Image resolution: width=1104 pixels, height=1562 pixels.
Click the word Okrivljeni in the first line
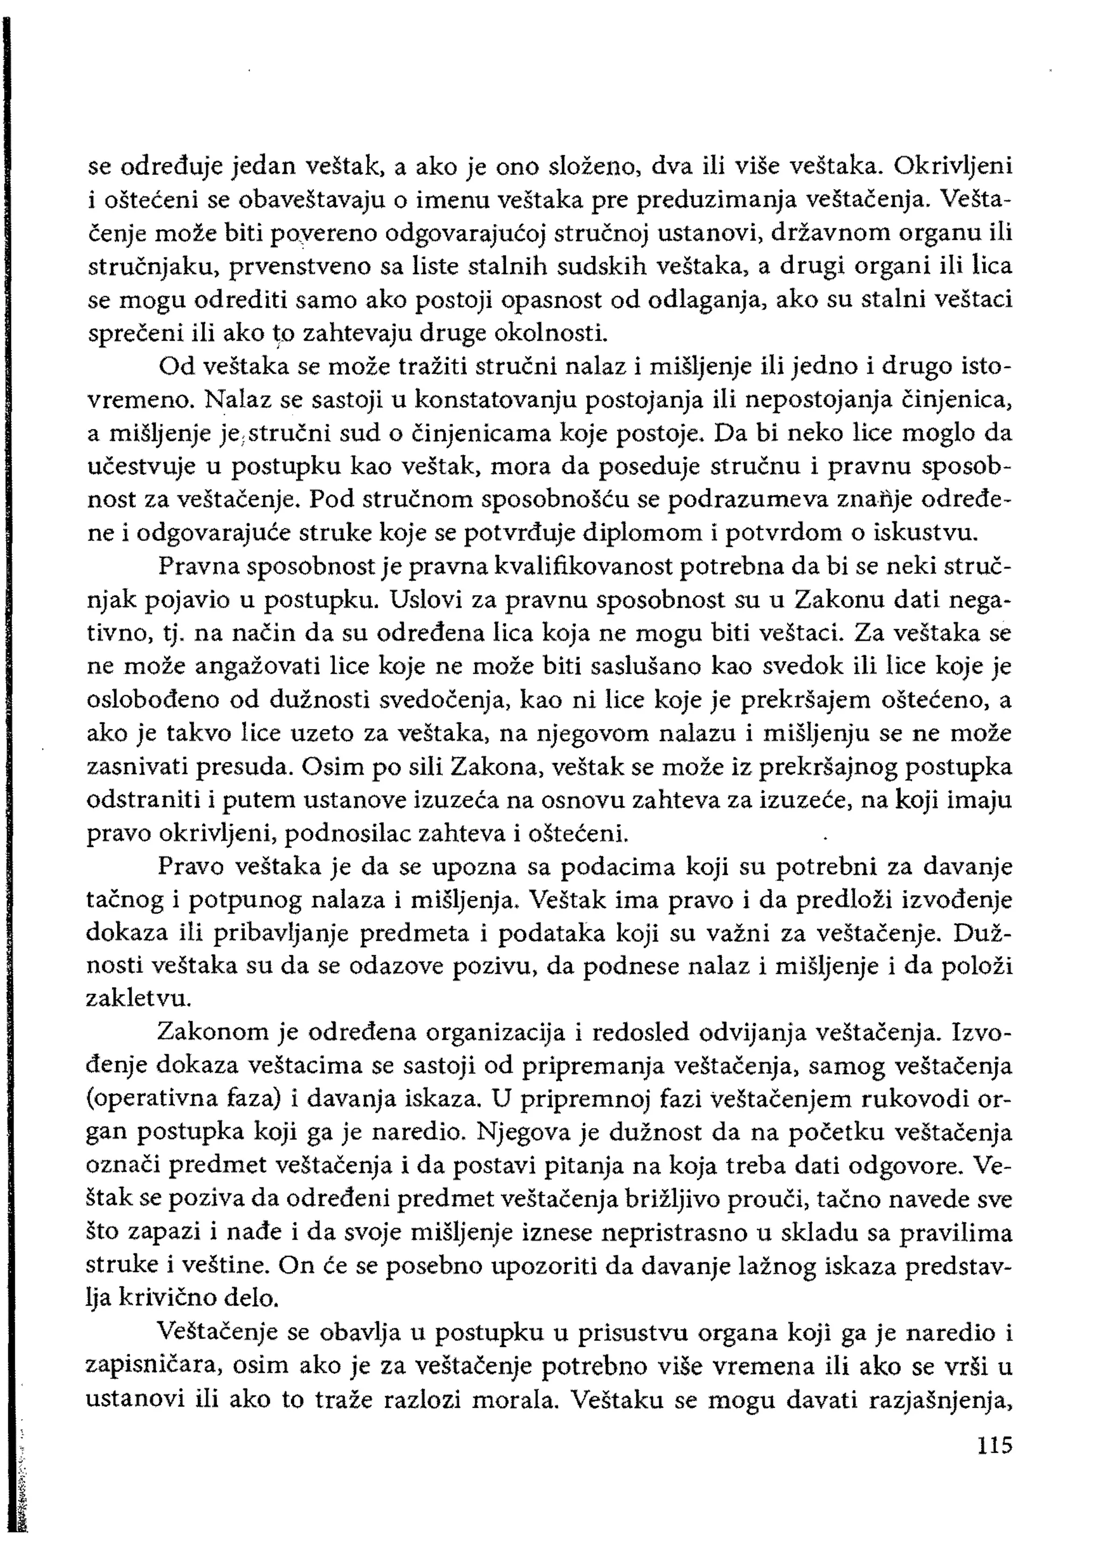click(x=953, y=165)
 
